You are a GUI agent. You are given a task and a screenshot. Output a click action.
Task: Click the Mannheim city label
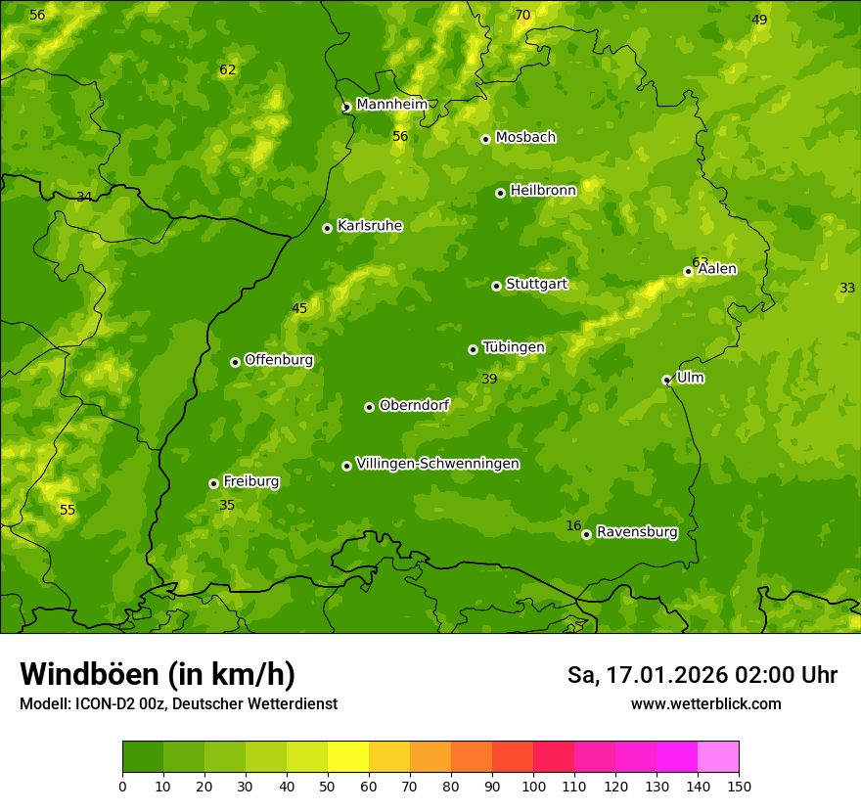pyautogui.click(x=391, y=104)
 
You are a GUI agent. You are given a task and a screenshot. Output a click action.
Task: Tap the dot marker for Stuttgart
pyautogui.click(x=496, y=286)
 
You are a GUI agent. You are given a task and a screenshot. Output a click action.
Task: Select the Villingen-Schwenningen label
pyautogui.click(x=437, y=464)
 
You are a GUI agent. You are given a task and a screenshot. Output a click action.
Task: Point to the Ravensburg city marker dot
pyautogui.click(x=586, y=534)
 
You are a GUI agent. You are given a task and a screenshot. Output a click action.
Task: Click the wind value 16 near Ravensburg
pyautogui.click(x=573, y=526)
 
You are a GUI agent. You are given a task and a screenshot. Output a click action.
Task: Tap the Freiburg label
pyautogui.click(x=250, y=481)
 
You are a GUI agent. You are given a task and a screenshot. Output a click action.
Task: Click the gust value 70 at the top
pyautogui.click(x=522, y=15)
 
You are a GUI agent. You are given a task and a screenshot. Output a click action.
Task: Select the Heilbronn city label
pyautogui.click(x=543, y=191)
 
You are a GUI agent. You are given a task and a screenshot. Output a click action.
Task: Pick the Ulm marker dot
pyautogui.click(x=666, y=380)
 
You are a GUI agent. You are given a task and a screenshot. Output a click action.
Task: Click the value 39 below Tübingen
pyautogui.click(x=489, y=379)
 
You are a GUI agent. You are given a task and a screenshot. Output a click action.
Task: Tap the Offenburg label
pyautogui.click(x=279, y=360)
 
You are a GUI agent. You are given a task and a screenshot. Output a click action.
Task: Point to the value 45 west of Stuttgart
pyautogui.click(x=299, y=308)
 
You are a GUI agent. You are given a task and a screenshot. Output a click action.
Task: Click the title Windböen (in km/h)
pyautogui.click(x=158, y=674)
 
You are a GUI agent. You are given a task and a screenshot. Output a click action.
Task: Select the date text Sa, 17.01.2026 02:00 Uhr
pyautogui.click(x=702, y=675)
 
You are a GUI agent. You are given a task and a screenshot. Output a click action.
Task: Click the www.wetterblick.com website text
pyautogui.click(x=705, y=704)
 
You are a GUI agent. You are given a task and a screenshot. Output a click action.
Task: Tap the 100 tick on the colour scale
pyautogui.click(x=533, y=786)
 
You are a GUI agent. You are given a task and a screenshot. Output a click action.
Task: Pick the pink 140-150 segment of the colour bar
pyautogui.click(x=718, y=757)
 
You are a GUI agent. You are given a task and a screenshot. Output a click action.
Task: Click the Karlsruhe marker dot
pyautogui.click(x=327, y=228)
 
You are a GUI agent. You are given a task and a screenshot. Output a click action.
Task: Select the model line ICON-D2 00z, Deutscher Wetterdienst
pyautogui.click(x=178, y=704)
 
